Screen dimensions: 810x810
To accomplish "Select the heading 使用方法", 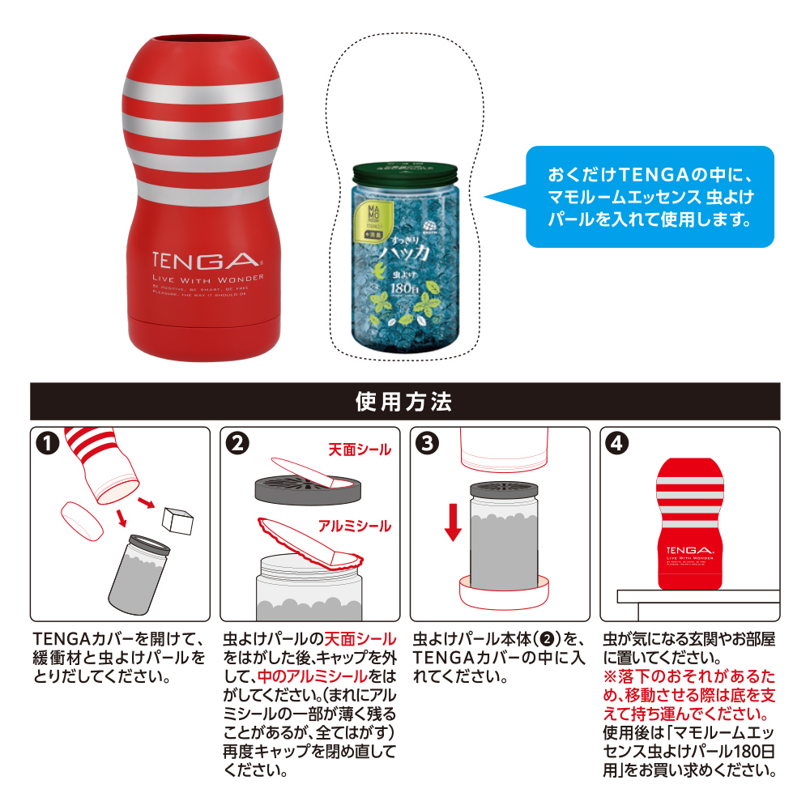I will point(405,401).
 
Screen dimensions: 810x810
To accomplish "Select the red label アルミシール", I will point(353,526).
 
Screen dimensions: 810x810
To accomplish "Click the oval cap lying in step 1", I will point(83,521).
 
